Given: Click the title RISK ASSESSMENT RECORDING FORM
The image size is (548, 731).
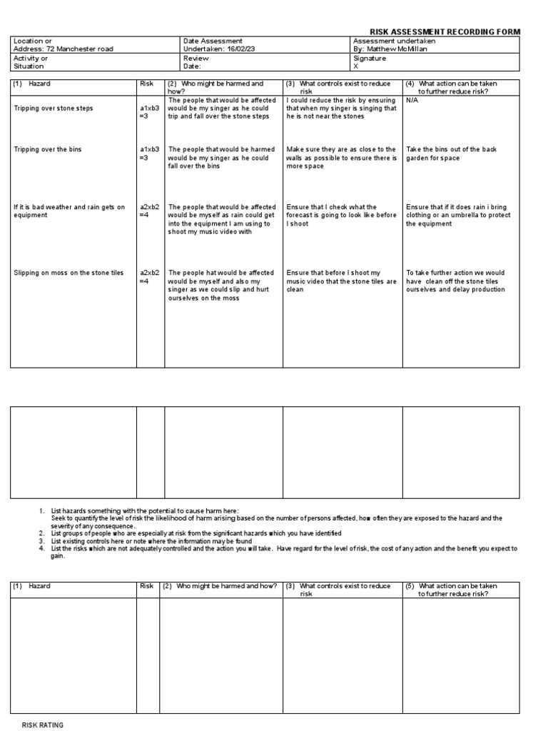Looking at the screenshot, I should click(x=445, y=32).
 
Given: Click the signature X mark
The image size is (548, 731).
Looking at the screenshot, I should click(x=355, y=66).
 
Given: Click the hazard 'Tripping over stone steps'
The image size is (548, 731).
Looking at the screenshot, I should click(x=53, y=109).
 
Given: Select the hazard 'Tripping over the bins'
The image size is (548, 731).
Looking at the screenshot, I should click(x=48, y=150).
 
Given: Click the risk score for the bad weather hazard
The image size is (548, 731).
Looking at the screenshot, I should click(x=150, y=211).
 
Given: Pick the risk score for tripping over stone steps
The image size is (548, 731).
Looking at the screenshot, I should click(x=150, y=112).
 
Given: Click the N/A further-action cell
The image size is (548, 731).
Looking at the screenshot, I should click(x=412, y=101).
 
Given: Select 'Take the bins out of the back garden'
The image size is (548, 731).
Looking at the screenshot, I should click(x=451, y=153).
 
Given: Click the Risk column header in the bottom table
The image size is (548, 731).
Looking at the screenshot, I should click(x=147, y=586).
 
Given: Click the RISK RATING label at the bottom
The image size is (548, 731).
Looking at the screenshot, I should click(x=43, y=725).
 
